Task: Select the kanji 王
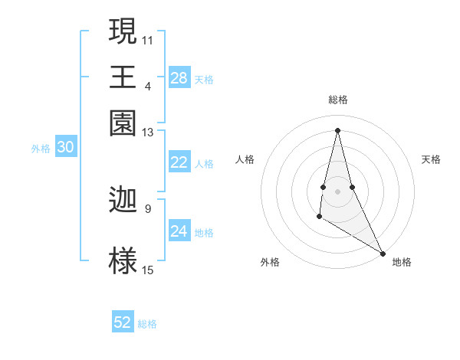point(123,77)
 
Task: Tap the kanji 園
point(123,123)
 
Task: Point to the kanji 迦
point(123,200)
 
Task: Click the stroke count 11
point(148,39)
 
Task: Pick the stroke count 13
point(148,133)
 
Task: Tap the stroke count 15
point(148,270)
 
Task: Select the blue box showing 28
point(179,78)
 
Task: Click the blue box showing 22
point(179,162)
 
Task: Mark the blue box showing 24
point(179,231)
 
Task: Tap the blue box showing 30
point(65,148)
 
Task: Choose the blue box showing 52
point(123,322)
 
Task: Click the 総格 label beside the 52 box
point(147,324)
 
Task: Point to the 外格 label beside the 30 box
point(40,149)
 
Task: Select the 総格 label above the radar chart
point(338,100)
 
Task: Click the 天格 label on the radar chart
point(432,159)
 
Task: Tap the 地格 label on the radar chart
point(402,262)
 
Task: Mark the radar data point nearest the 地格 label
point(383,254)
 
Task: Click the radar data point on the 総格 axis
point(337,129)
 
